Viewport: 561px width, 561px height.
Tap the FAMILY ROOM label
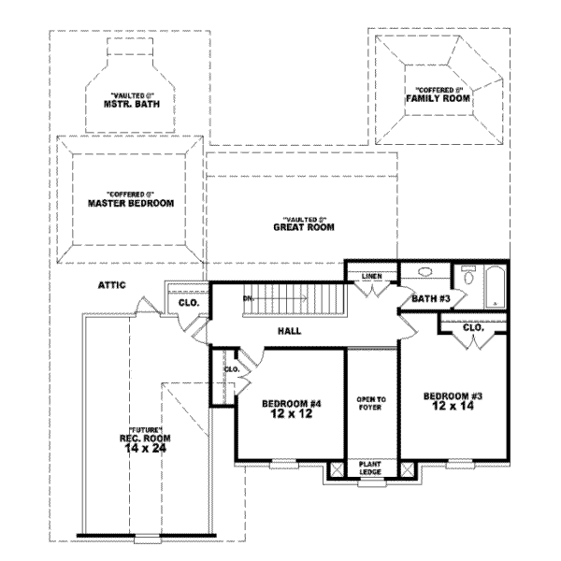pos(438,98)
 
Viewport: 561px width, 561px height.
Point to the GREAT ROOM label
pos(304,226)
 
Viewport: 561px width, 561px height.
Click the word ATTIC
pos(110,285)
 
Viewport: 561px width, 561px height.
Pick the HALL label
pos(288,331)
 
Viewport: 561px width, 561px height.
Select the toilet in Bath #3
pos(468,277)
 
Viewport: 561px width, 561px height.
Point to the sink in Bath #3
pos(425,273)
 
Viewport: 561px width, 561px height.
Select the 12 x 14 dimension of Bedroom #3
pos(453,406)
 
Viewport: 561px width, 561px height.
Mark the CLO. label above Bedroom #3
pos(472,329)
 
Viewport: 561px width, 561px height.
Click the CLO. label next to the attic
pos(187,303)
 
